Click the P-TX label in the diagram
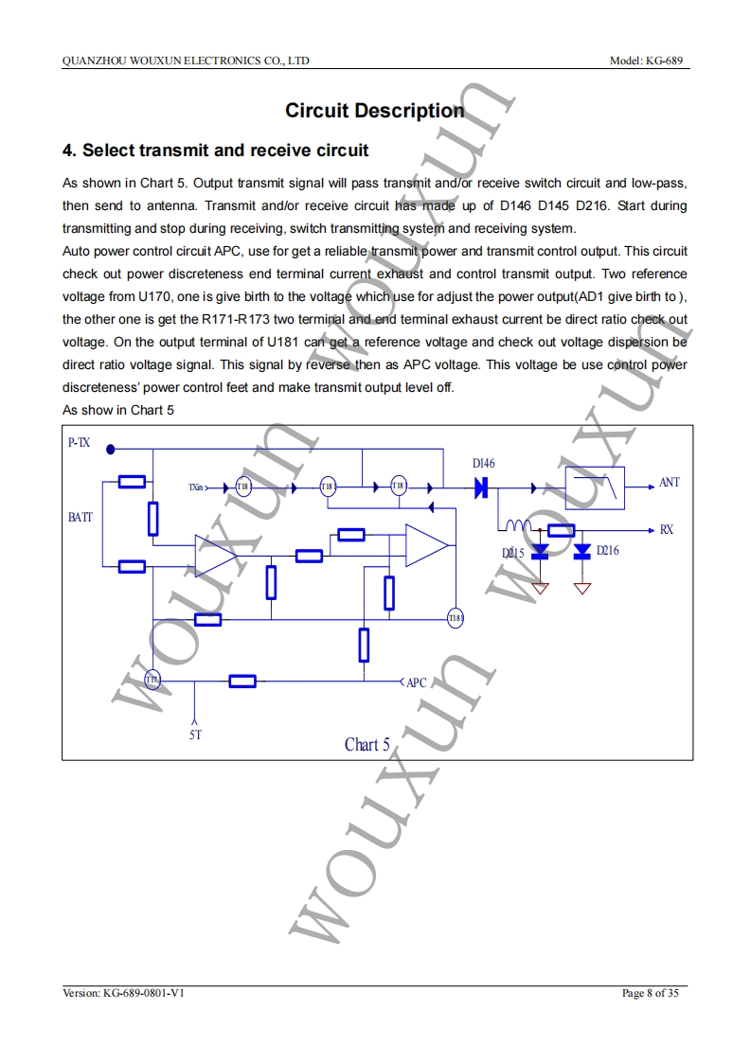click(x=80, y=442)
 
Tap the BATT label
click(x=80, y=517)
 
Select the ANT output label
click(x=669, y=483)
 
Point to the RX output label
click(x=667, y=529)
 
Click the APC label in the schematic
click(x=416, y=681)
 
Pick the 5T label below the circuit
click(x=195, y=734)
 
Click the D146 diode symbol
click(x=480, y=487)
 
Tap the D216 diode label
click(x=607, y=550)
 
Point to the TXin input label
click(x=196, y=487)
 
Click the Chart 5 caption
click(x=367, y=745)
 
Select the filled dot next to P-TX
click(x=111, y=450)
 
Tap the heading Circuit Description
click(x=375, y=111)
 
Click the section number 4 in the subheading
click(x=67, y=150)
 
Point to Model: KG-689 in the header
click(x=650, y=61)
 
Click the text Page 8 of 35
click(x=650, y=993)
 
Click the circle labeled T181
click(x=456, y=619)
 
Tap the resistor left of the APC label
click(x=242, y=681)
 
